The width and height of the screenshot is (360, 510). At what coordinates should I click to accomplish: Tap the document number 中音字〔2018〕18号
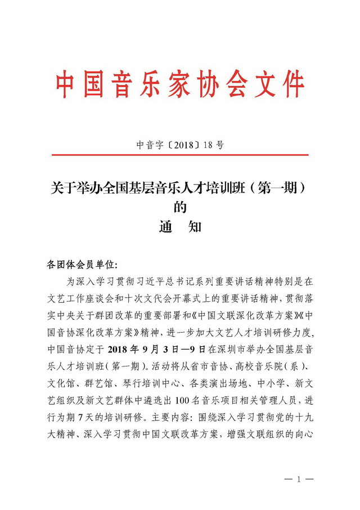coord(180,145)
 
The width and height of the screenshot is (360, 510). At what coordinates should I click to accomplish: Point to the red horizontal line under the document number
coord(180,154)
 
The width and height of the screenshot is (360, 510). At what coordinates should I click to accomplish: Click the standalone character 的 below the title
coord(180,207)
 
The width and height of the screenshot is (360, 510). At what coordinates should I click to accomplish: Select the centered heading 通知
coord(180,227)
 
